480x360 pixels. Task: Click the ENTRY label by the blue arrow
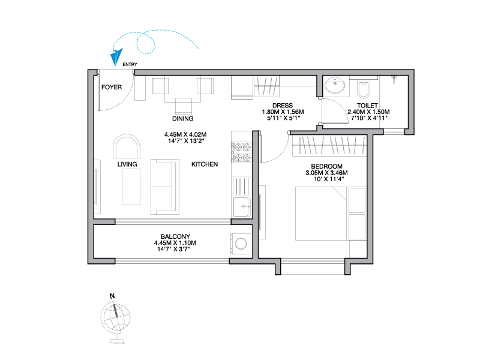coord(130,64)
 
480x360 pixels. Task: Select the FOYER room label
coord(112,87)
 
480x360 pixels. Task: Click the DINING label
coord(183,118)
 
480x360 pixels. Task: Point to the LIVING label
coord(127,164)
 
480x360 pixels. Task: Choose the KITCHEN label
coord(205,164)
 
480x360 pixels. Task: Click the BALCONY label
coord(175,236)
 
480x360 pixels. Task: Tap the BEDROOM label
coord(326,166)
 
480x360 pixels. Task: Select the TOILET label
coord(367,106)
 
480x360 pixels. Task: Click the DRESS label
coord(283,106)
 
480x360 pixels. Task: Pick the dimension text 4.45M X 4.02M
coord(185,134)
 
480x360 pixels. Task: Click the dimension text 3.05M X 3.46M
coord(326,173)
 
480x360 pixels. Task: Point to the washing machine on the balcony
coord(241,244)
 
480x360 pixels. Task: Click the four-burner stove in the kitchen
coord(242,152)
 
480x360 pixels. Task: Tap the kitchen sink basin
coord(242,207)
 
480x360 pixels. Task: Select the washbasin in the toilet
coord(335,85)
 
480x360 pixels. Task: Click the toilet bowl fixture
coord(364,88)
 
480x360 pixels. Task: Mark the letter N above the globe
coord(112,296)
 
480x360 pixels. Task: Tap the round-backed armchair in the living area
coord(127,146)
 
